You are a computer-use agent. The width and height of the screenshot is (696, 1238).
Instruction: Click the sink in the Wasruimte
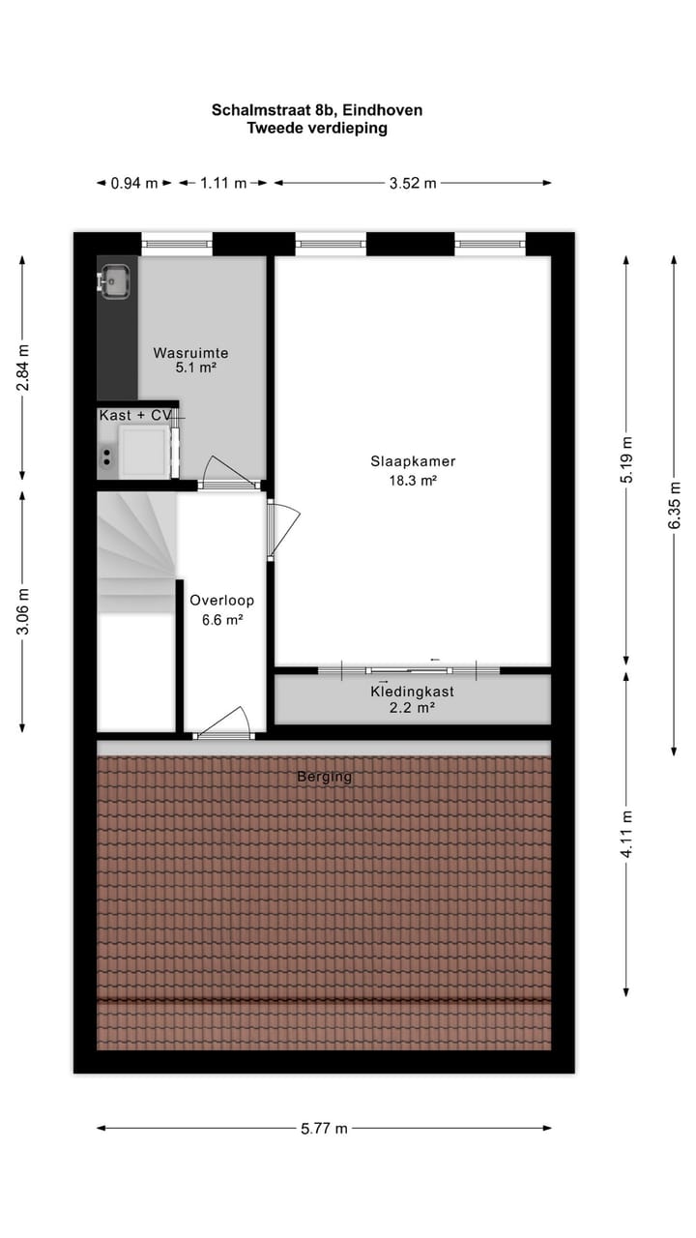[x=116, y=280]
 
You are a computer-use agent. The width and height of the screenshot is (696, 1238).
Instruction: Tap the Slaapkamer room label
[x=412, y=461]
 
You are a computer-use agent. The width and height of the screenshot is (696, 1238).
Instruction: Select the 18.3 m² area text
[x=412, y=480]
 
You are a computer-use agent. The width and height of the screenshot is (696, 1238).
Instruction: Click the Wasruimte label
[x=190, y=353]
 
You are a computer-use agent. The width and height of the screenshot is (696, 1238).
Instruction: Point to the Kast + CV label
[x=135, y=415]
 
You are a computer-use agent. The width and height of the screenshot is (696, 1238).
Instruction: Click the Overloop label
[x=221, y=601]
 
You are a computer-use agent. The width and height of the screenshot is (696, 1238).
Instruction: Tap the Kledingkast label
[x=412, y=692]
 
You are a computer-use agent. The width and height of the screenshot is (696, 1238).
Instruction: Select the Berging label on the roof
[x=324, y=777]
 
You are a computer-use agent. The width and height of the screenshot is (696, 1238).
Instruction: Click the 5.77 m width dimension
[x=323, y=1128]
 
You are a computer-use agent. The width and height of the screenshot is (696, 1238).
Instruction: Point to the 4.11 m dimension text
[x=627, y=833]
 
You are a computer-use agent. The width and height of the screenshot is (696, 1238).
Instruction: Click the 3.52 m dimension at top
[x=413, y=183]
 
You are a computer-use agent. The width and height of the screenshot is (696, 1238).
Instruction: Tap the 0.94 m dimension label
[x=134, y=183]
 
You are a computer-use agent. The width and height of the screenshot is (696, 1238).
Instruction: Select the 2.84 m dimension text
[x=23, y=368]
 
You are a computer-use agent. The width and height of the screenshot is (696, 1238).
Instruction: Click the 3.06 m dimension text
[x=23, y=611]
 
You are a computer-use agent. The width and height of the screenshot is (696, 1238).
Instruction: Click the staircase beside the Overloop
[x=135, y=551]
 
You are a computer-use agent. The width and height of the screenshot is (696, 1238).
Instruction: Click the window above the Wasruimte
[x=177, y=243]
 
